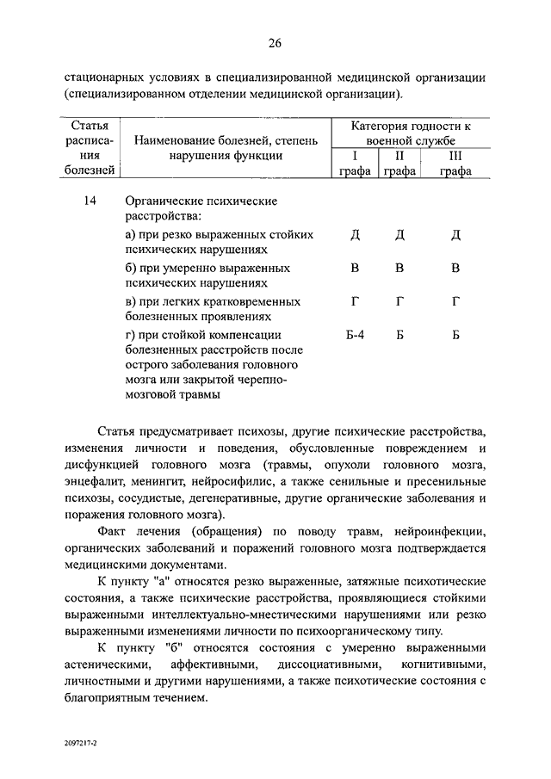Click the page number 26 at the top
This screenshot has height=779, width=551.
(x=275, y=44)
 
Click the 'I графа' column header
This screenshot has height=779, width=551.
(x=355, y=164)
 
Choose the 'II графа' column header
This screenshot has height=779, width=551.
(x=399, y=164)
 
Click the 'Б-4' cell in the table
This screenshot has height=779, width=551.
(x=355, y=335)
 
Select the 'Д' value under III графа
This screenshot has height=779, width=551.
(x=455, y=235)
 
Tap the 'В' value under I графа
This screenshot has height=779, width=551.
(x=355, y=269)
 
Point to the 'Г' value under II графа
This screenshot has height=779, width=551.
(x=399, y=302)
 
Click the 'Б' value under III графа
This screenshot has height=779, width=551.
(x=455, y=335)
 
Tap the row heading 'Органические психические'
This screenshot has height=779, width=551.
(x=201, y=201)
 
